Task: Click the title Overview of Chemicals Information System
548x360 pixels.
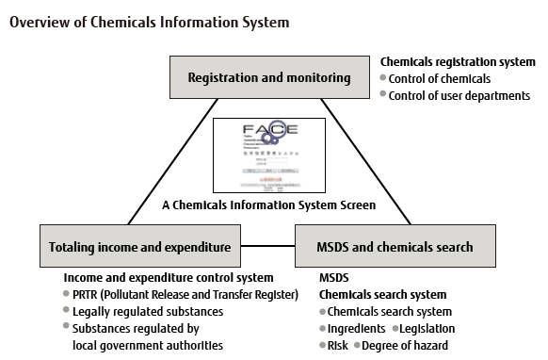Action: click(150, 21)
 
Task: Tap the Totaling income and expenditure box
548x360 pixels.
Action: click(140, 247)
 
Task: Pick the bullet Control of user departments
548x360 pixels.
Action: click(459, 95)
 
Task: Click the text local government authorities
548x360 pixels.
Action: click(147, 345)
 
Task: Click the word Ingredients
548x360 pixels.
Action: click(357, 329)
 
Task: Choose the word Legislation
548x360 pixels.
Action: click(427, 329)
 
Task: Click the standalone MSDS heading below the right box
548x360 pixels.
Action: click(334, 278)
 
